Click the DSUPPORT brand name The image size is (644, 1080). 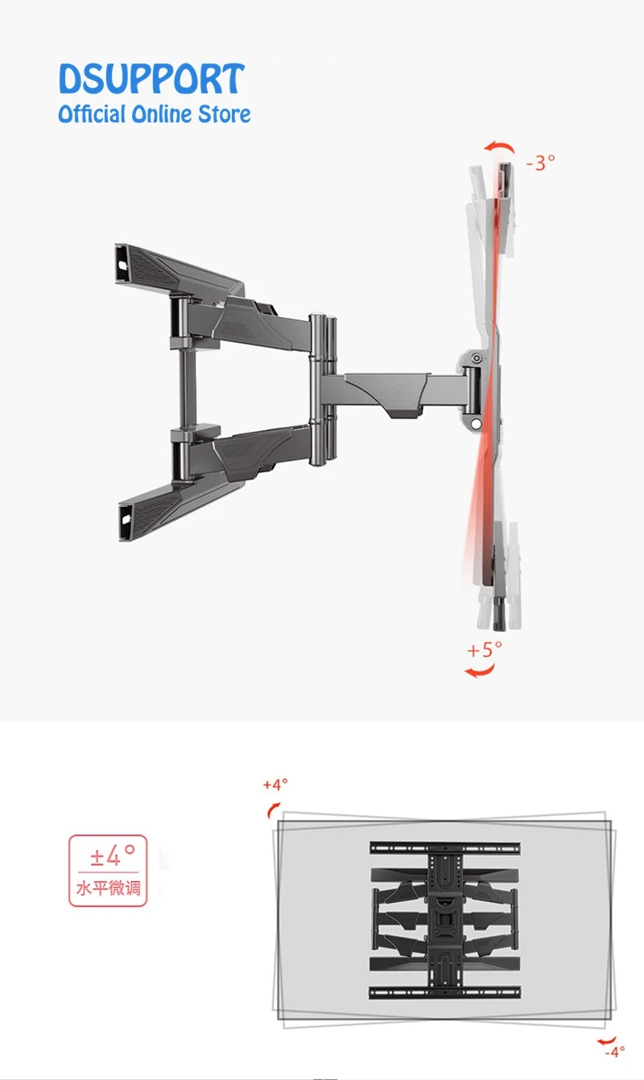[151, 79]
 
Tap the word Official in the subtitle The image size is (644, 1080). [92, 114]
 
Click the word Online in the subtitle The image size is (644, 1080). [162, 114]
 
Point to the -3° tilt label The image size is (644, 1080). [540, 163]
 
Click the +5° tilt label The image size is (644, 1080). [485, 649]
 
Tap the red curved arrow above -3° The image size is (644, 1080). [499, 146]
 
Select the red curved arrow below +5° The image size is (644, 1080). [480, 670]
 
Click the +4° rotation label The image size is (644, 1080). [275, 785]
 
